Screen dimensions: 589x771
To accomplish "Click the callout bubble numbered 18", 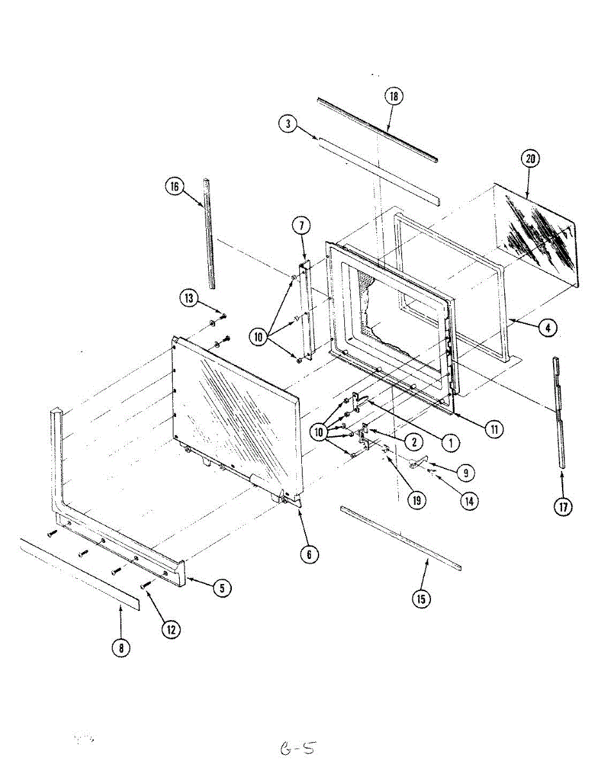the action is [x=394, y=97].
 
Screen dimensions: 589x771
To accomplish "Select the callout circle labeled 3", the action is [x=289, y=124].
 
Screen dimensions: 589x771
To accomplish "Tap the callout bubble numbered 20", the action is [x=531, y=159].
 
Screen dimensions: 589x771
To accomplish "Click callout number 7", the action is [x=301, y=226].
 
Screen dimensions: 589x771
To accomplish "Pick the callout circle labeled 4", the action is [x=547, y=328].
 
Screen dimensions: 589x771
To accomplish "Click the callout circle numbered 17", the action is [x=563, y=508].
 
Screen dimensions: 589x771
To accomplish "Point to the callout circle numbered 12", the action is [x=171, y=630].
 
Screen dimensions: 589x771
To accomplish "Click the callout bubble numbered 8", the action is [x=120, y=648].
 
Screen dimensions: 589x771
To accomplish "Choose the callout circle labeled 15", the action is [x=421, y=599].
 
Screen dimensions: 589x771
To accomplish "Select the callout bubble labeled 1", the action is [x=450, y=441].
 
